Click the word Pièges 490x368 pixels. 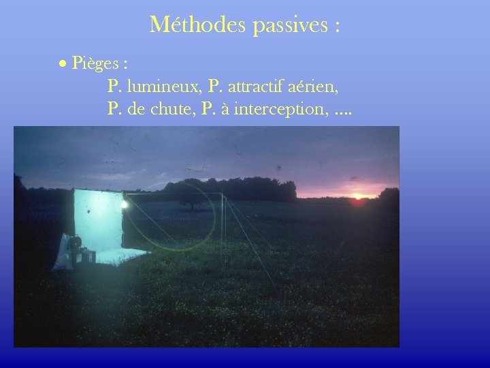coord(95,65)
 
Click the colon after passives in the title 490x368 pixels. coord(337,27)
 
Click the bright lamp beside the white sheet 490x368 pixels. coord(124,203)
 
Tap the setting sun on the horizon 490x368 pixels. coord(358,197)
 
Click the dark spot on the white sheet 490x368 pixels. coord(89,212)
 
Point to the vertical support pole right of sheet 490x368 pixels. coord(223,225)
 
